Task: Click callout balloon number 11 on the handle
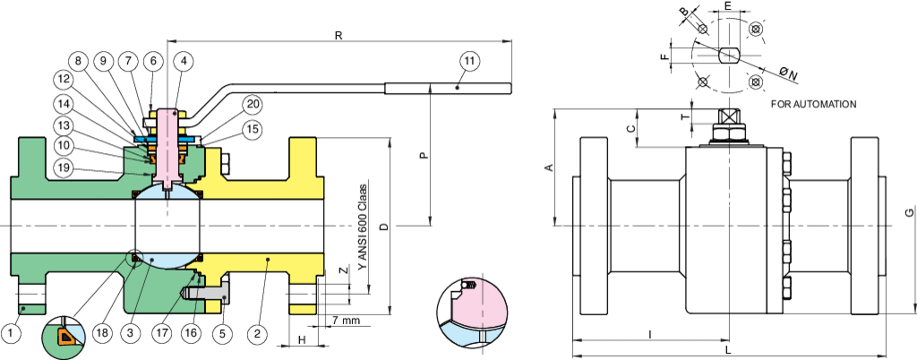tap(471, 61)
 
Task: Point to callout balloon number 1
tap(12, 333)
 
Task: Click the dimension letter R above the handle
tap(338, 36)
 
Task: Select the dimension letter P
tap(424, 154)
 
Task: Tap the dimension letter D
tap(383, 227)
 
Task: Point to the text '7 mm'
tap(345, 320)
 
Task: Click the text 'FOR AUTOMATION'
tap(813, 105)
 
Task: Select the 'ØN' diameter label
tap(790, 71)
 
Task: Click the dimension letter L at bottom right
tap(728, 351)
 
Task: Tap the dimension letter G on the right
tap(908, 213)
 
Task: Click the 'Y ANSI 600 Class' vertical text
tap(363, 227)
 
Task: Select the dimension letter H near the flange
tap(302, 340)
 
